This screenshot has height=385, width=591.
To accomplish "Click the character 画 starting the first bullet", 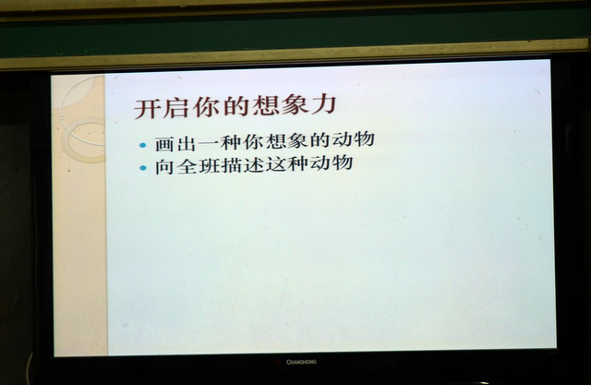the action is pos(164,144).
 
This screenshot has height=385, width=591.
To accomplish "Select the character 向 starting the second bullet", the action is pos(164,167).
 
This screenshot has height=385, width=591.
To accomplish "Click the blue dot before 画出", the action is pos(142,145).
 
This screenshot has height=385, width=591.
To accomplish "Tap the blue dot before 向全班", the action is pos(143,168).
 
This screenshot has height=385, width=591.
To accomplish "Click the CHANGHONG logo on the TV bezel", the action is pos(301,362).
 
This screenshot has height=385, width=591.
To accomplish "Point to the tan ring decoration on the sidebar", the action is pos(64,139).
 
